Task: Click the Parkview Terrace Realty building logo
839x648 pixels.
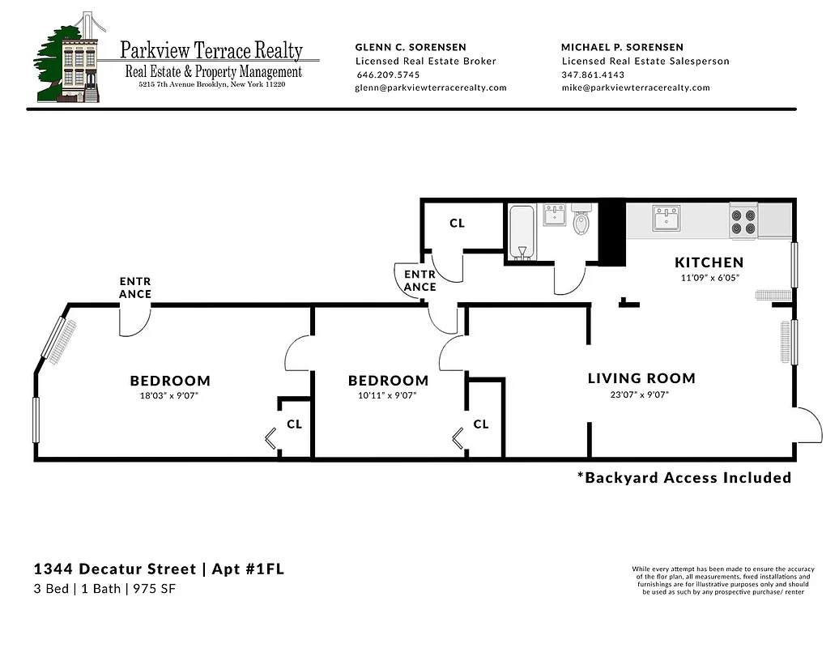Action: pyautogui.click(x=68, y=58)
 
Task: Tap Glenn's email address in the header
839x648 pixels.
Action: pyautogui.click(x=431, y=87)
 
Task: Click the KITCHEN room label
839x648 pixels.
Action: pyautogui.click(x=709, y=262)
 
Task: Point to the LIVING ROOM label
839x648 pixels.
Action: pyautogui.click(x=641, y=378)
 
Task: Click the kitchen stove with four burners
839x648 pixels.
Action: pyautogui.click(x=743, y=221)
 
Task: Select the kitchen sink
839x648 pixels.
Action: pyautogui.click(x=667, y=218)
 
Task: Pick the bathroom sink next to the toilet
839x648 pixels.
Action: pyautogui.click(x=555, y=215)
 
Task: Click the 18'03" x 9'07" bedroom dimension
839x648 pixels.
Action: pyautogui.click(x=169, y=396)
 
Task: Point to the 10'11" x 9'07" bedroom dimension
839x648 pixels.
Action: pyautogui.click(x=388, y=396)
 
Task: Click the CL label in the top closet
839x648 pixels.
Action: pyautogui.click(x=458, y=223)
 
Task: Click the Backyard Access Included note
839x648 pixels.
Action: pyautogui.click(x=684, y=478)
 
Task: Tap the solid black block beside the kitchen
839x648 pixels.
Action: pyautogui.click(x=611, y=232)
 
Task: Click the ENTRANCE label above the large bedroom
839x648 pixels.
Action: pyautogui.click(x=135, y=288)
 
